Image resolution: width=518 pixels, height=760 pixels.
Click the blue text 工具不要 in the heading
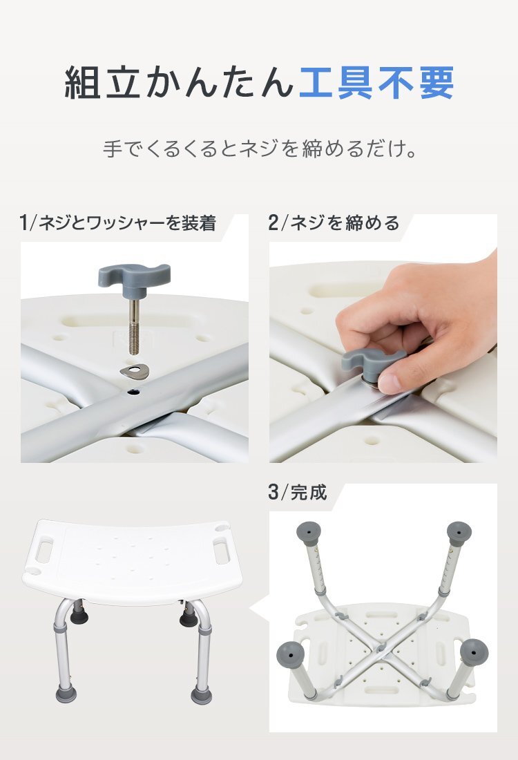[x=376, y=84]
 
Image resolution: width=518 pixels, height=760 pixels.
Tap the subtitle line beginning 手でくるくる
[x=259, y=149]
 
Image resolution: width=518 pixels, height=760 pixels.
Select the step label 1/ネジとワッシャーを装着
[x=118, y=223]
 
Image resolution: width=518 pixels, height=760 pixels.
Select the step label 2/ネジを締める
[x=334, y=223]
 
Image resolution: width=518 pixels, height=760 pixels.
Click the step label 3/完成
[x=297, y=493]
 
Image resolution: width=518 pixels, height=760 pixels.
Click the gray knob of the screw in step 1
[x=133, y=272]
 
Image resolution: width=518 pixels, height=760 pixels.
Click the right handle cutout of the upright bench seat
[x=222, y=552]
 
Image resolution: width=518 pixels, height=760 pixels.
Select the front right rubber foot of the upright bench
[x=201, y=692]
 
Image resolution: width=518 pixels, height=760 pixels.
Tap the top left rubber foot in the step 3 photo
[x=308, y=533]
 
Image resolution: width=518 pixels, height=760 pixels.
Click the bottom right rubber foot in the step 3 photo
[x=473, y=652]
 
